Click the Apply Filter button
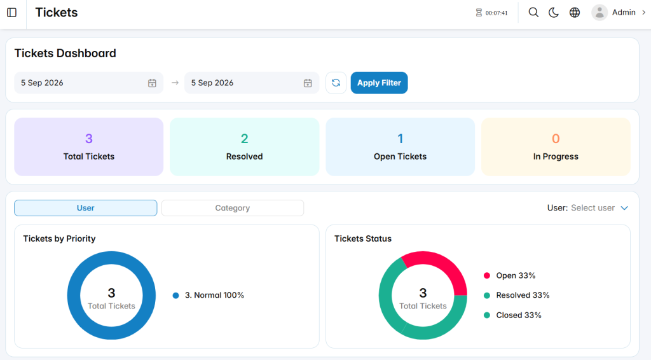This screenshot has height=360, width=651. coord(379,83)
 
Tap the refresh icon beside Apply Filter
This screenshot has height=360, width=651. coord(336,83)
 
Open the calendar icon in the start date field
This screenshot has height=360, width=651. coord(152,83)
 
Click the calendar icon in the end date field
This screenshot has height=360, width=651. coord(308,83)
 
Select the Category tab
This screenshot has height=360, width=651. coord(233,208)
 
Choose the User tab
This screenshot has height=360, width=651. coord(86,208)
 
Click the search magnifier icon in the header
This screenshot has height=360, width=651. coord(533,13)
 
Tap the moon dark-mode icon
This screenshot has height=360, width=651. coord(554,13)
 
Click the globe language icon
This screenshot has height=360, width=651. coord(575,13)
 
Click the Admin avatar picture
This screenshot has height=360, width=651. coord(600,13)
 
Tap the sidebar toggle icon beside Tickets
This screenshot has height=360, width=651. coord(11,13)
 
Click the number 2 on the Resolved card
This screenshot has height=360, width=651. coord(245,139)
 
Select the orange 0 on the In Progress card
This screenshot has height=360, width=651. coord(556,139)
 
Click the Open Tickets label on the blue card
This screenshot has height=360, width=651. coord(401,156)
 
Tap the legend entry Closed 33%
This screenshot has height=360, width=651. coord(512,315)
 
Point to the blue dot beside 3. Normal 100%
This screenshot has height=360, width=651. coord(175,296)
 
